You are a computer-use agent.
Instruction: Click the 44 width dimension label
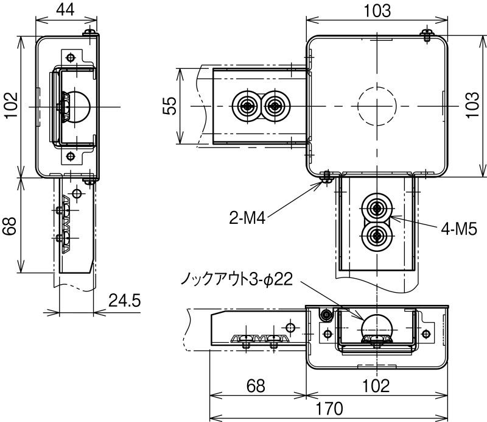coord(66,10)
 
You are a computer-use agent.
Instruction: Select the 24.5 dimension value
coord(125,301)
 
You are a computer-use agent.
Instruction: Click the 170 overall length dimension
coord(329,408)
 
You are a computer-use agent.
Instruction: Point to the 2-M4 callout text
coord(247,218)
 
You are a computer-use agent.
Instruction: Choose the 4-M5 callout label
coord(459,230)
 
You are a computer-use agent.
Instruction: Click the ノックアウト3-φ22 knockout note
coord(237,279)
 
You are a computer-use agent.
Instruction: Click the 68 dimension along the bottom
coord(256,385)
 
